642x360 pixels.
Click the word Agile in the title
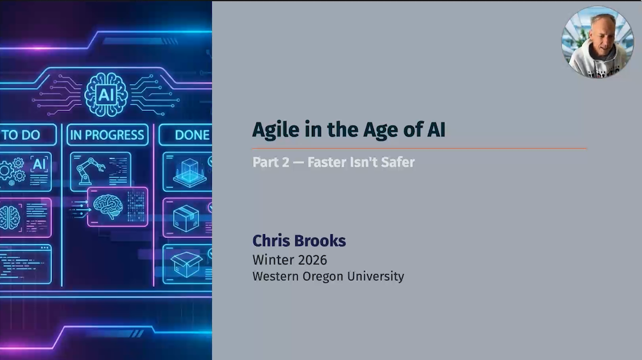pos(275,130)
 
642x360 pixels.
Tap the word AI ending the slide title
pos(436,130)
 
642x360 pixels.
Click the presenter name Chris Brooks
pos(299,241)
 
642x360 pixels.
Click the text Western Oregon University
pos(328,277)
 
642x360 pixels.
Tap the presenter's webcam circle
pos(597,42)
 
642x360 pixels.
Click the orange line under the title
pos(419,148)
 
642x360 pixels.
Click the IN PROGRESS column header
pos(107,135)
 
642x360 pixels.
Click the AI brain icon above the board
pos(106,95)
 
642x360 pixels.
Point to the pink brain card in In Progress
pos(117,207)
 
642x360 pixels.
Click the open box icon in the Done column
pos(186,264)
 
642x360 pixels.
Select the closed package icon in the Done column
pos(186,218)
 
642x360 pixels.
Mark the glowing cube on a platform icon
pos(189,172)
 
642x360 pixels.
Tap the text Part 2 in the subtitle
pos(271,162)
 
